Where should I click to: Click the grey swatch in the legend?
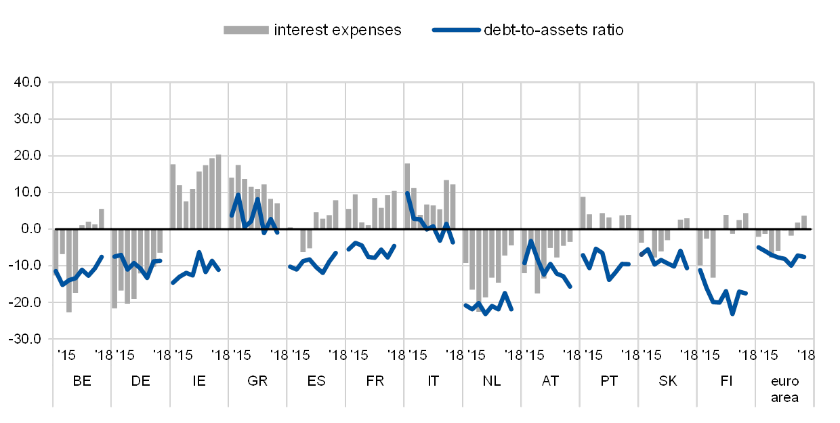tap(246, 30)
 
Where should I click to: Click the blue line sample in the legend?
tap(456, 30)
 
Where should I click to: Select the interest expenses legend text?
tap(339, 30)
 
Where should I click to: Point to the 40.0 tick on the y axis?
tap(28, 83)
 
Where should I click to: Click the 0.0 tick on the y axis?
tap(30, 229)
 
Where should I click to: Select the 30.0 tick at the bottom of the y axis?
tap(28, 338)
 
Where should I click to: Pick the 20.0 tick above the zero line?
tap(28, 156)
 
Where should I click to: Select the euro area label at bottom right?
tap(784, 389)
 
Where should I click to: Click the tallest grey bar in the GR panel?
tap(238, 197)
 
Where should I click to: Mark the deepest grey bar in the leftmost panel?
tap(69, 270)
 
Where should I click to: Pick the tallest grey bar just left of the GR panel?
tap(218, 192)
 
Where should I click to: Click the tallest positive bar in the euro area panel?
tap(804, 222)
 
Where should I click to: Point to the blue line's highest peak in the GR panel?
tap(238, 196)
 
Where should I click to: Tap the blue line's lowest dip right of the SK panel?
tap(732, 314)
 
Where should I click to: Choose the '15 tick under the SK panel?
tap(652, 355)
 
